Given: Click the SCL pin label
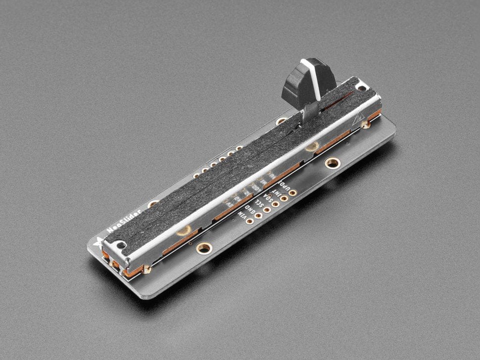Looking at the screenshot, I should pos(258,204).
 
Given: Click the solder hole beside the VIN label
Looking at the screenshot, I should pos(249,222).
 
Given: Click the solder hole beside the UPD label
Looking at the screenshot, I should pos(293,192).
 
